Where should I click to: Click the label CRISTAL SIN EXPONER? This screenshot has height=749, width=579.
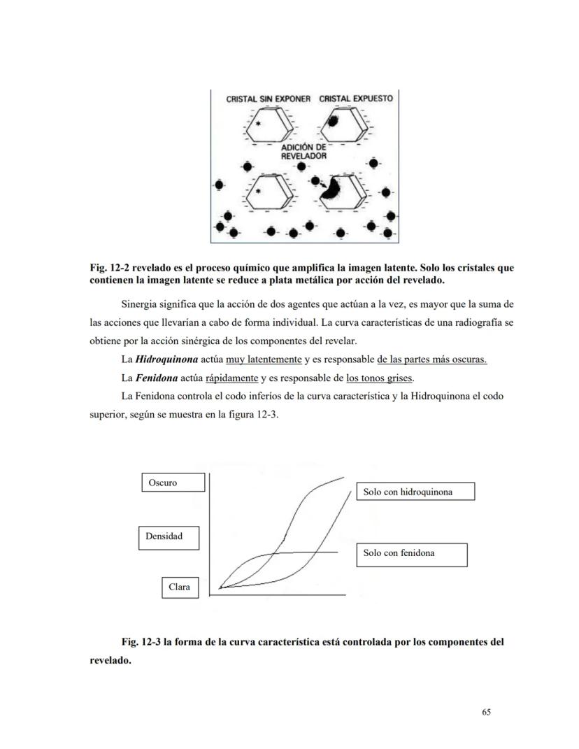point(268,99)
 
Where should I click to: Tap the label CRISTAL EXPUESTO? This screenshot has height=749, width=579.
point(356,99)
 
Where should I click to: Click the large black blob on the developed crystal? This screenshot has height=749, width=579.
point(330,187)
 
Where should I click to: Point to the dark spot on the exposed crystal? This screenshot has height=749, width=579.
point(334,121)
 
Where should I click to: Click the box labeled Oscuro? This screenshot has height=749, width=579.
point(173,483)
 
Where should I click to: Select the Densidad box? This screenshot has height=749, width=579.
point(168,536)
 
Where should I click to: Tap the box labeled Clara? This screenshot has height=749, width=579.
point(179,587)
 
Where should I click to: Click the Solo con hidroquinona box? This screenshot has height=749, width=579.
point(415,492)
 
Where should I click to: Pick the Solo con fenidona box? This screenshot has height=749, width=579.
point(411,553)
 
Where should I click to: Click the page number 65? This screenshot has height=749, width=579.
point(487,712)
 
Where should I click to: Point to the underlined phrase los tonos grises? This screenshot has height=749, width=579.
point(380,378)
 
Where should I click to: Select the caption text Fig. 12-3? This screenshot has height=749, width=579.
point(141,641)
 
